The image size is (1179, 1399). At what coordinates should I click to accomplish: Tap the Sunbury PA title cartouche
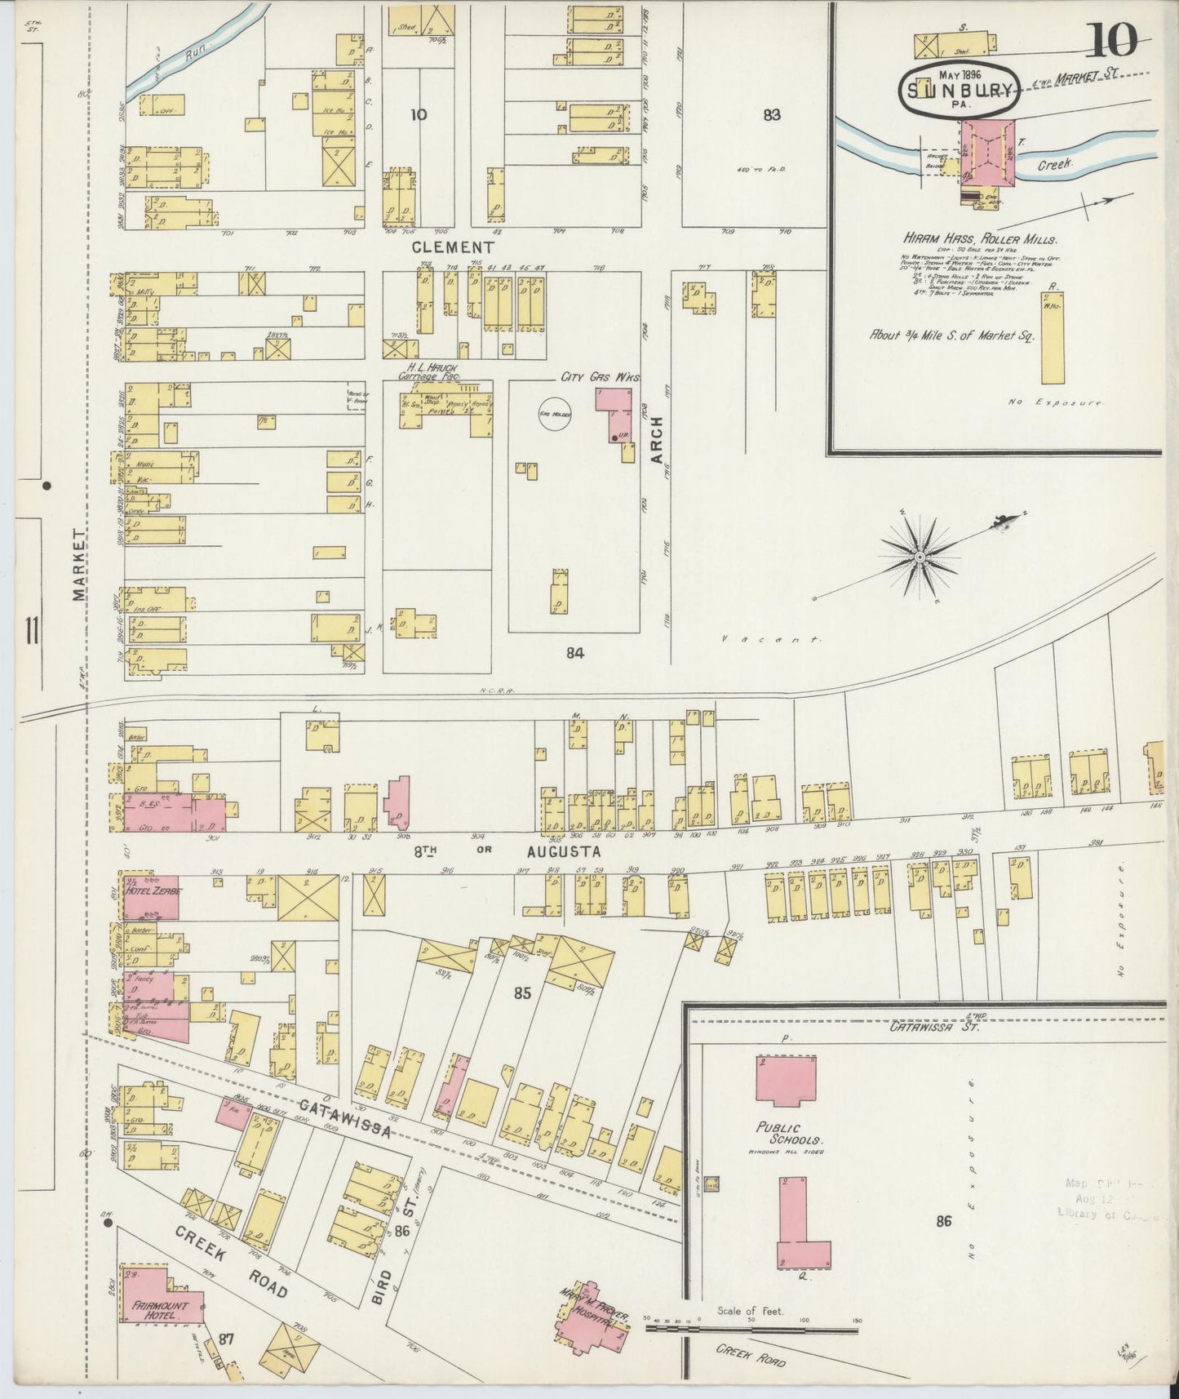[959, 88]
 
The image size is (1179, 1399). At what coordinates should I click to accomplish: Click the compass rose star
[920, 557]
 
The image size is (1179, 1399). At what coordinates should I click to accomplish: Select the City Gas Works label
[598, 377]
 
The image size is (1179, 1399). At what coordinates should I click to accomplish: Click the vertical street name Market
[79, 563]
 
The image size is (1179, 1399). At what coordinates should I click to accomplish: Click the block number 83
[771, 115]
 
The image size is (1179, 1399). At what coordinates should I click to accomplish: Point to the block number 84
[575, 652]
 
